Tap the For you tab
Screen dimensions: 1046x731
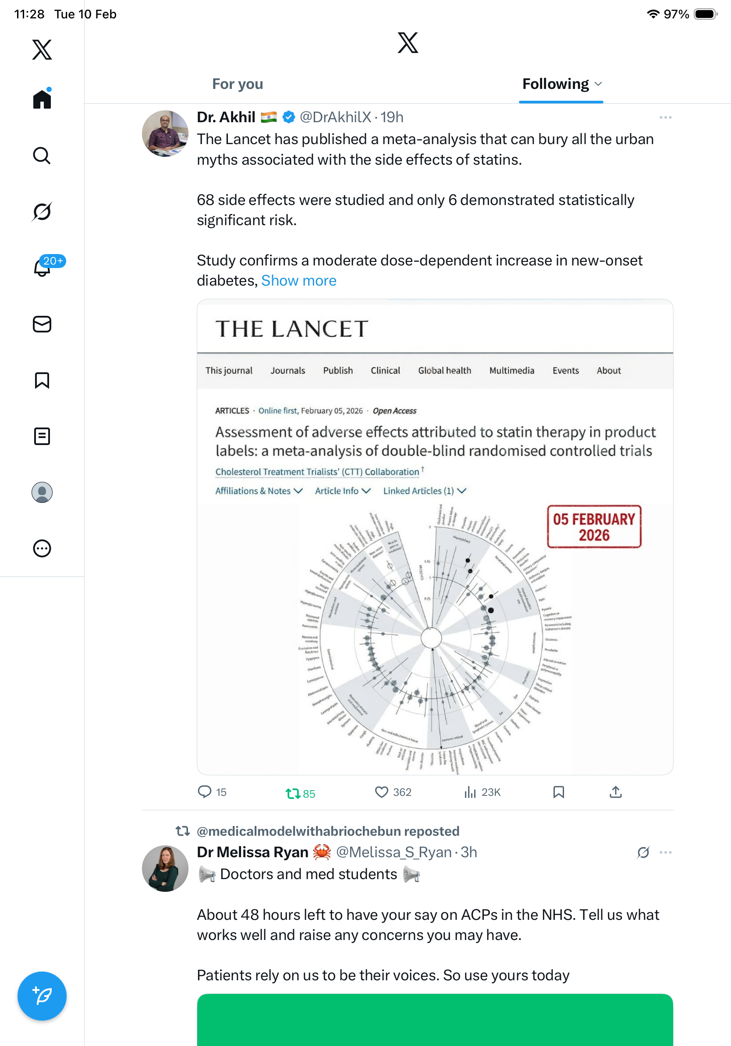tap(238, 84)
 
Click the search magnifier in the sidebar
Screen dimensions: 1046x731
tap(42, 156)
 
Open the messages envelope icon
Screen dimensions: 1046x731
tap(42, 325)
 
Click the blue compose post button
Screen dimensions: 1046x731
tap(42, 996)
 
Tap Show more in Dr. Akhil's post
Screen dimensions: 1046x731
tap(298, 281)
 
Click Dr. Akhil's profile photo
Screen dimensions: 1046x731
tap(165, 134)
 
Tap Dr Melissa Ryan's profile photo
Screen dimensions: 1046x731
tap(165, 868)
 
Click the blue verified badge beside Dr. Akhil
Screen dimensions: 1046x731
tap(288, 117)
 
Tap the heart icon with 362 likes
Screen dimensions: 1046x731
tap(381, 792)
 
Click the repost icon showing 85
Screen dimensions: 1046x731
tap(293, 794)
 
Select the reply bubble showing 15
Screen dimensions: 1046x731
tap(205, 792)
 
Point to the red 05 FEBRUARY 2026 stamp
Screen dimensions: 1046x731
tap(594, 527)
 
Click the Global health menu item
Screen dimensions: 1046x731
tap(444, 371)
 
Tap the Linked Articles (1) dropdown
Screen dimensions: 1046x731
tap(424, 491)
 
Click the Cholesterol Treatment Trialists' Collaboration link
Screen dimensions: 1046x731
tap(317, 472)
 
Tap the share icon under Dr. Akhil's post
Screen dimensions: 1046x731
tap(615, 792)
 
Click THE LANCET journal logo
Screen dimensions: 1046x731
tap(292, 329)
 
